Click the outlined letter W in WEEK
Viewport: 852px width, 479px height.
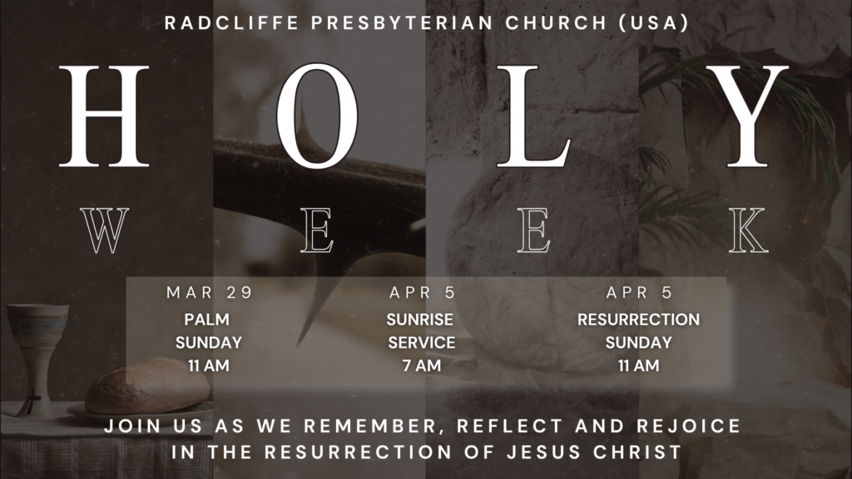pos(104,230)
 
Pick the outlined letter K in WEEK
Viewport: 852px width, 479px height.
pos(748,230)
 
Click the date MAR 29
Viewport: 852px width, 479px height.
pos(209,293)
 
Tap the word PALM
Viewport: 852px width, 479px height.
pos(207,319)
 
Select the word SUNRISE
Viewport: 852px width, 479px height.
pos(421,319)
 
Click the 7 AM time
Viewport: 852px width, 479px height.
pos(421,365)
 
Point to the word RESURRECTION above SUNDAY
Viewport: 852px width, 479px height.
pos(638,319)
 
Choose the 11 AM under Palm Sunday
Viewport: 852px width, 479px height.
pos(209,365)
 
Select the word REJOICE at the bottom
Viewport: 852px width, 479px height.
pos(691,427)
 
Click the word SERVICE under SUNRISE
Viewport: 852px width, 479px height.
pos(421,343)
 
